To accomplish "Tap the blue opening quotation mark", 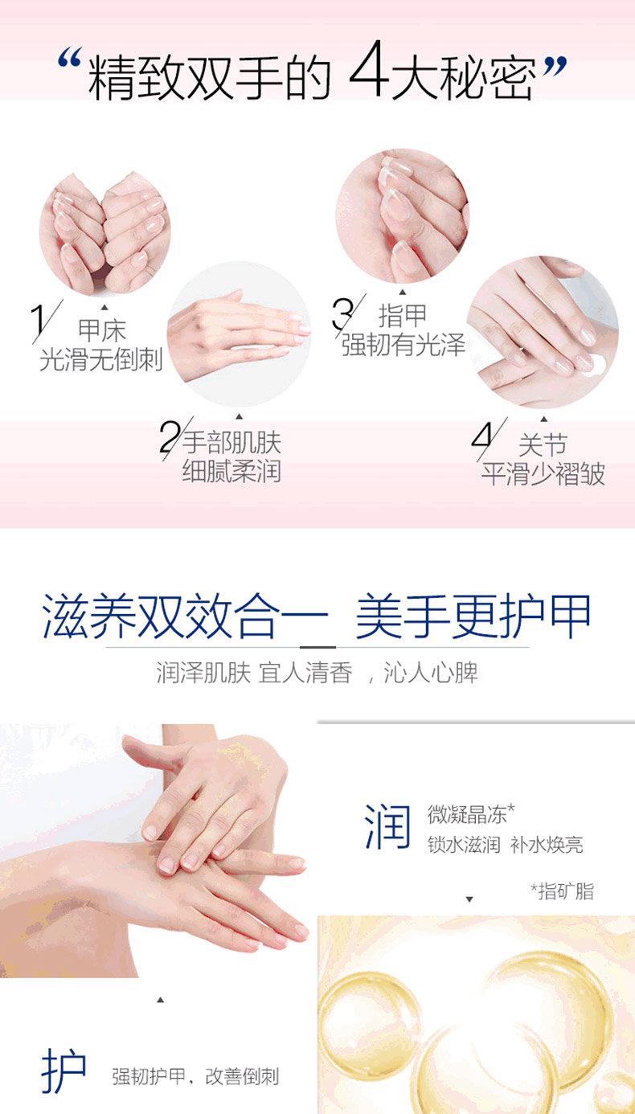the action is click(68, 58).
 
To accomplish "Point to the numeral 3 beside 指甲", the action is click(342, 313).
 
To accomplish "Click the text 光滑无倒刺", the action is click(101, 359).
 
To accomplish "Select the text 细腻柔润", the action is click(231, 470).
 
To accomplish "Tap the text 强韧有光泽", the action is click(404, 345).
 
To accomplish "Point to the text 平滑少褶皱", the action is click(543, 473).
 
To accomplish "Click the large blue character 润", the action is click(388, 826).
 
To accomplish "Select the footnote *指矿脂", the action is click(563, 891).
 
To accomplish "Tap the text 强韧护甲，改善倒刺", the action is click(195, 1076).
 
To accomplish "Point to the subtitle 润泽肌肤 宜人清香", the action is click(255, 673).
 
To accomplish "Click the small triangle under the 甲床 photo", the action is click(104, 307).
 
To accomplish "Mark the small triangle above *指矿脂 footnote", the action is click(469, 899).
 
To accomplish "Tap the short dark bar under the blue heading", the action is click(317, 647).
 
